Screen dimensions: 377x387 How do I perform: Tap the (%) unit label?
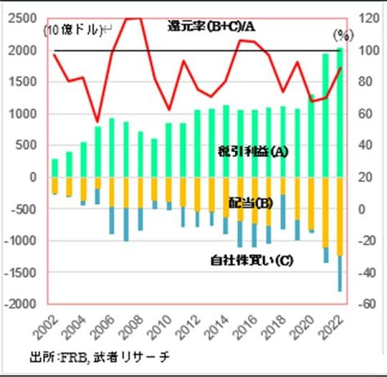[x=342, y=34]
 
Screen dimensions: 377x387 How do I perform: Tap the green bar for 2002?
[x=55, y=168]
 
